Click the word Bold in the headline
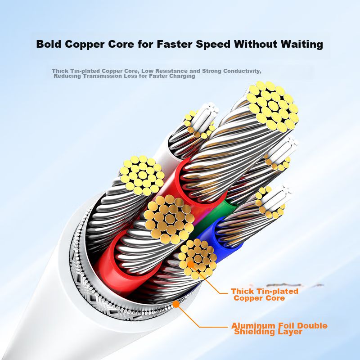(50, 45)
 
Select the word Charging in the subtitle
(182, 76)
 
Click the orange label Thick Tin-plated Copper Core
(265, 294)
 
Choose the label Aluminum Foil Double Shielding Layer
(279, 328)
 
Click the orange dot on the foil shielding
(177, 304)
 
